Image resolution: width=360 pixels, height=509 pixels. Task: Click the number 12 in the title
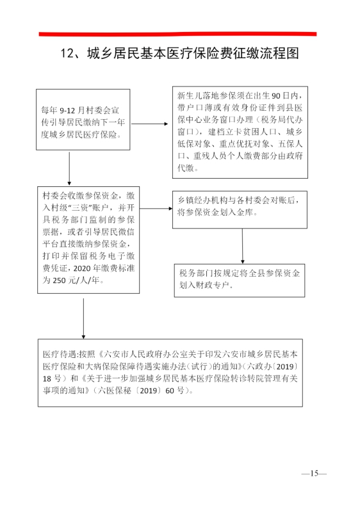coord(68,53)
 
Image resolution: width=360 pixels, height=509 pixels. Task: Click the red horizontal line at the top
coord(177,34)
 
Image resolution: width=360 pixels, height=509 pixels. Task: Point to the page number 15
coord(314,473)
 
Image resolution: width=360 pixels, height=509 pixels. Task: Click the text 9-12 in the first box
coord(67,110)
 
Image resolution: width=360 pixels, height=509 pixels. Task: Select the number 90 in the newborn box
coord(276,96)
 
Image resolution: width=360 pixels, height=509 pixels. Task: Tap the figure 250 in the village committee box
coord(59,280)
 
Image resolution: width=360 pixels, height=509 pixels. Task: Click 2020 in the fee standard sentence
coord(82,268)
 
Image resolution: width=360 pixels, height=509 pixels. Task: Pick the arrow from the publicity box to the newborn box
coord(149,124)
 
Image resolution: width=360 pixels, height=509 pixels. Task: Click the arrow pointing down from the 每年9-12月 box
coord(69,168)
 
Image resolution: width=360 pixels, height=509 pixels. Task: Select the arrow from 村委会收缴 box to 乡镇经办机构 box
coord(156,209)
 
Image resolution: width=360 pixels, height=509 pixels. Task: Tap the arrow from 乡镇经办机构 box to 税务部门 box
coord(242,246)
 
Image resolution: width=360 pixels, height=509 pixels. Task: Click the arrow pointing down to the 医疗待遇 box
coord(83,318)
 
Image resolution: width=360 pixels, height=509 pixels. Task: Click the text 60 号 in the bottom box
coord(175,391)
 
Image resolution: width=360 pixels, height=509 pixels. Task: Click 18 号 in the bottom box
coord(52,378)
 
